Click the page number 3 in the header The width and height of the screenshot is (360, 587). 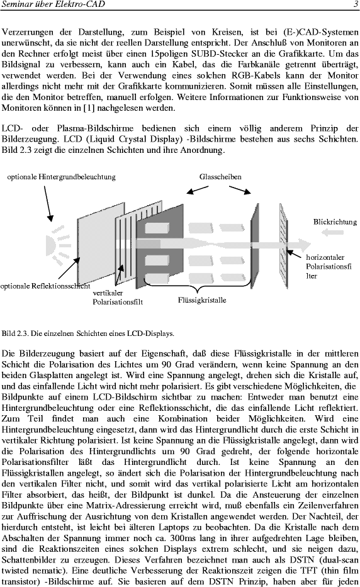click(356, 4)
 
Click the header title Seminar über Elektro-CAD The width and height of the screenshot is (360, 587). click(53, 4)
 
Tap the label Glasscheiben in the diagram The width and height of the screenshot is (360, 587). click(220, 177)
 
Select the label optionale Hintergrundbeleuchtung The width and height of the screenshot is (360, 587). click(62, 177)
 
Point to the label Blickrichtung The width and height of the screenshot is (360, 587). click(335, 221)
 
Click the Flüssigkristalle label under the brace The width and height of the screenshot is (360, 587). click(202, 300)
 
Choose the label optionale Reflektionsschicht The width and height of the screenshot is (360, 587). click(45, 286)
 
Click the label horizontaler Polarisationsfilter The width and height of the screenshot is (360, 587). click(329, 267)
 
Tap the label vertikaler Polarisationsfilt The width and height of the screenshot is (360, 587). click(118, 297)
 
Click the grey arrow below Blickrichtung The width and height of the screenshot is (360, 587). click(333, 233)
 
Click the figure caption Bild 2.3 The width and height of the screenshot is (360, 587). click(87, 333)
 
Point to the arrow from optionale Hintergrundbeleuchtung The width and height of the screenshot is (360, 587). click(48, 203)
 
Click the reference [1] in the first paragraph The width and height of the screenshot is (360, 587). click(89, 108)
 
